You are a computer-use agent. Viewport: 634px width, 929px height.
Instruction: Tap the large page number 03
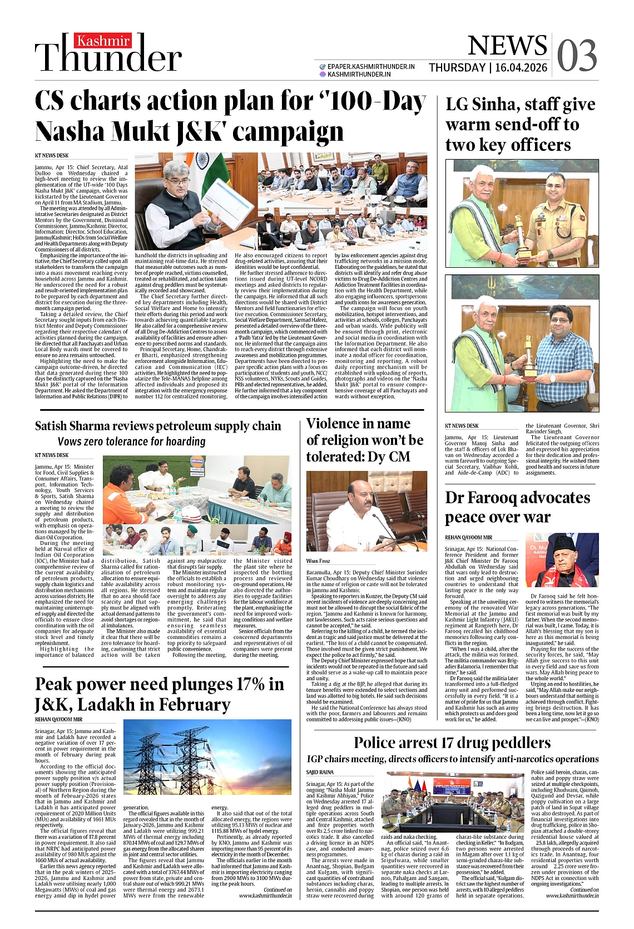[x=577, y=56]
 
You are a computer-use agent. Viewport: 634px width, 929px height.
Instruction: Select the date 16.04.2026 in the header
[x=521, y=68]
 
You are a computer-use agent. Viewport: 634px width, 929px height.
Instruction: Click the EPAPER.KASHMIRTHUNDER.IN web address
[x=371, y=66]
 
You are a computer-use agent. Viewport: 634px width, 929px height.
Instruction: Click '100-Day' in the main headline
[x=372, y=102]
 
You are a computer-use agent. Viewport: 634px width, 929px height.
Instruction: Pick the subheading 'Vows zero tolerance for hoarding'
[x=132, y=441]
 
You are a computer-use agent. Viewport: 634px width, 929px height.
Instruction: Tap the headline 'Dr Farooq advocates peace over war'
[x=517, y=507]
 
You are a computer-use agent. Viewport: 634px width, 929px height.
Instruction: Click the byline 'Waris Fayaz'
[x=318, y=561]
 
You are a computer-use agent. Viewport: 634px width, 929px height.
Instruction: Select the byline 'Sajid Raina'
[x=320, y=772]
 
